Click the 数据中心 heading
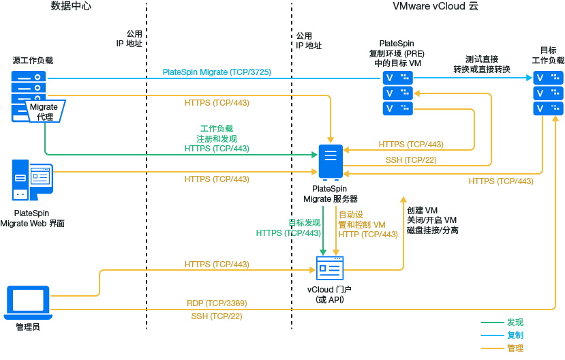(70, 6)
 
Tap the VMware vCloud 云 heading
(436, 6)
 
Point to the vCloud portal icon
(331, 269)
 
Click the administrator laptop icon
(28, 302)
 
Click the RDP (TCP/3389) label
(216, 303)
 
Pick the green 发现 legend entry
(515, 322)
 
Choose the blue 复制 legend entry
(515, 335)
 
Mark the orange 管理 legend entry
(515, 348)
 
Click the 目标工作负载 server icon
(549, 93)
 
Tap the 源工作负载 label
(32, 60)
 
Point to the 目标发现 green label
(304, 222)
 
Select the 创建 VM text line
(422, 210)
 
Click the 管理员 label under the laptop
(28, 328)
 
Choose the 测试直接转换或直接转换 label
(482, 64)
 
